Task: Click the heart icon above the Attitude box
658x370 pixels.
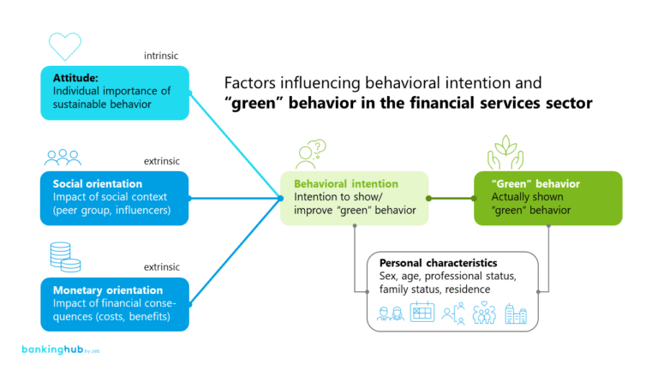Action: [x=64, y=46]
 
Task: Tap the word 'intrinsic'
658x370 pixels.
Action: [x=162, y=57]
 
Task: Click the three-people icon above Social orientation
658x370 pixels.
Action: [x=63, y=157]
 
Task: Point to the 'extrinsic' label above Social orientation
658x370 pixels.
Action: [x=162, y=162]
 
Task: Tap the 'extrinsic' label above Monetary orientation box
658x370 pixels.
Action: [x=162, y=266]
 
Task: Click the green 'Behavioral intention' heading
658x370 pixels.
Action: [x=346, y=183]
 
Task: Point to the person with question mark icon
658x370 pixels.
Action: [x=310, y=153]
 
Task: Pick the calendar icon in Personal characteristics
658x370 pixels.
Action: [x=422, y=313]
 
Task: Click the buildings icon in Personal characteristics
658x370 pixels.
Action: [x=516, y=313]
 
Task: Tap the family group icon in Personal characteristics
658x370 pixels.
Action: [x=484, y=313]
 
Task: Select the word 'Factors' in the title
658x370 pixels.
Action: [x=249, y=83]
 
